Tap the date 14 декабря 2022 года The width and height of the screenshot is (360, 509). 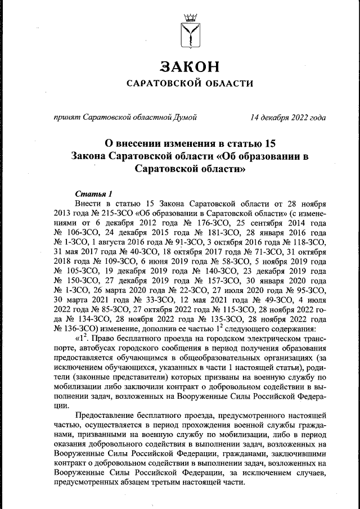tap(288, 118)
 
